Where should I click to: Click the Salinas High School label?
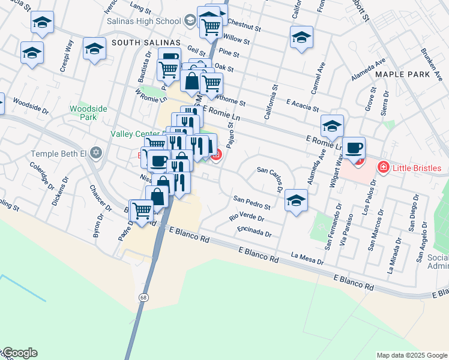143,21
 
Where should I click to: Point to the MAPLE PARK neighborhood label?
403,74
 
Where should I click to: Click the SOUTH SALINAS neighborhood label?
146,42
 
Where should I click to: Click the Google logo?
20,353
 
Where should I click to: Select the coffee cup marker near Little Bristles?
354,148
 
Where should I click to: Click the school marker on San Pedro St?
296,200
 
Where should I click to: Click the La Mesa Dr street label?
307,259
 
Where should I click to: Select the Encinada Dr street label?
254,232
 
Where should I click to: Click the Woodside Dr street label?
30,106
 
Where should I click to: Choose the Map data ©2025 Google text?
412,355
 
